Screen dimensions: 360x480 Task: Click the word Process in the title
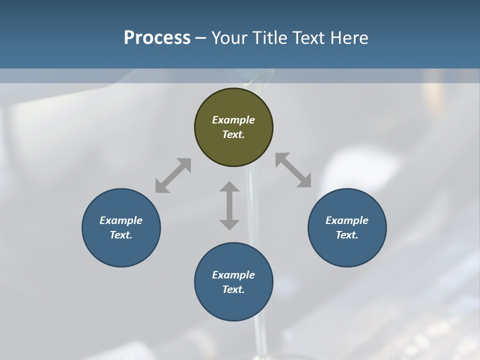click(157, 38)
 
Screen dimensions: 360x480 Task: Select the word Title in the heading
click(269, 38)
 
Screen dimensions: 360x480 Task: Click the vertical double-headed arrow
click(229, 205)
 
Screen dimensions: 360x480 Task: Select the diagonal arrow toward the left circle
click(173, 175)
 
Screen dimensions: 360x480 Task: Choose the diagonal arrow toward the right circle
click(293, 170)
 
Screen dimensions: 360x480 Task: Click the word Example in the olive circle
click(233, 120)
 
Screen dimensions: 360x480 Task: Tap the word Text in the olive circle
click(233, 134)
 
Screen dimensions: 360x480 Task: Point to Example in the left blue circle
click(121, 220)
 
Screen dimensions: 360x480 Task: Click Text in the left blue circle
click(121, 235)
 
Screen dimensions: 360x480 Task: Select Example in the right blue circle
click(347, 220)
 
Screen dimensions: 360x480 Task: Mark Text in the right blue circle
click(347, 235)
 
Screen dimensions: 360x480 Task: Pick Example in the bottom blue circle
click(233, 275)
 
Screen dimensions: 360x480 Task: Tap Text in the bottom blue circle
click(233, 289)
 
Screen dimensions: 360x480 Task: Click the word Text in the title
click(307, 38)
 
